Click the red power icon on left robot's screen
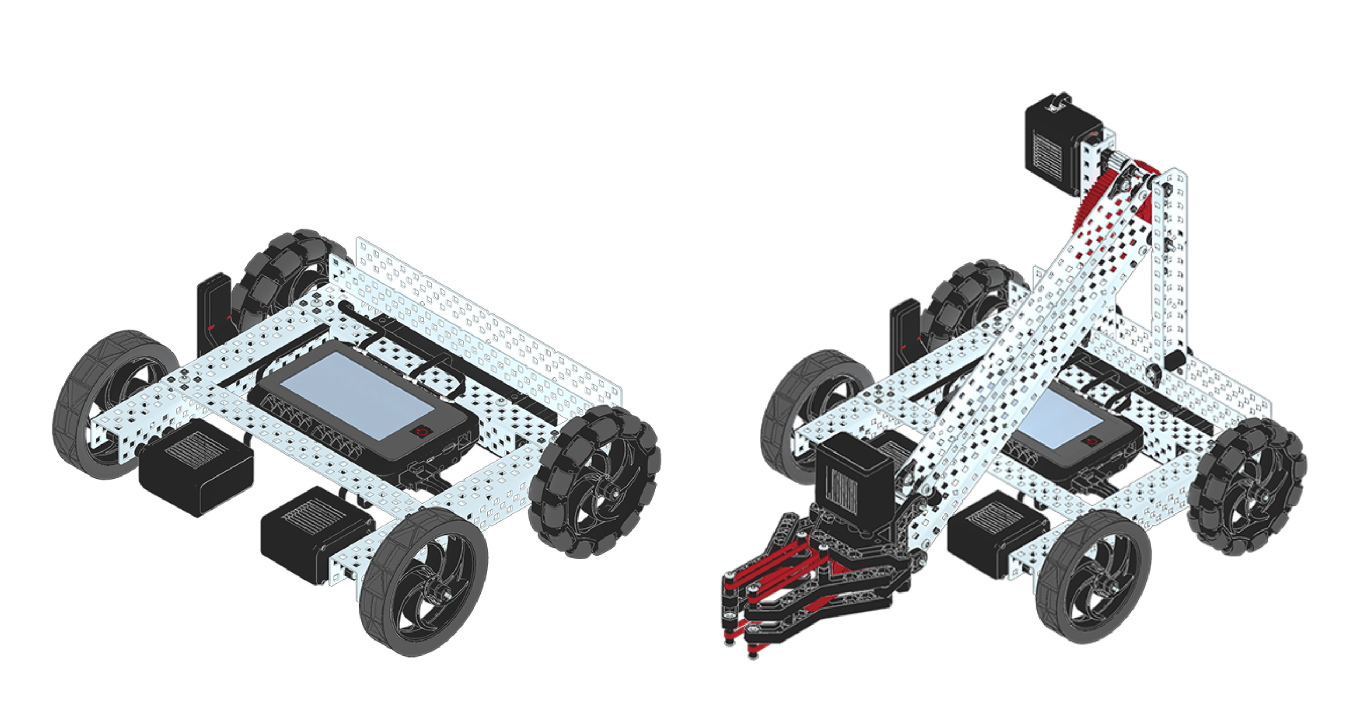[x=422, y=432]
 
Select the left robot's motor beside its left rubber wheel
[x=195, y=467]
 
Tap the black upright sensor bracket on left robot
[x=213, y=315]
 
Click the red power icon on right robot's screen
[x=1091, y=441]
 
